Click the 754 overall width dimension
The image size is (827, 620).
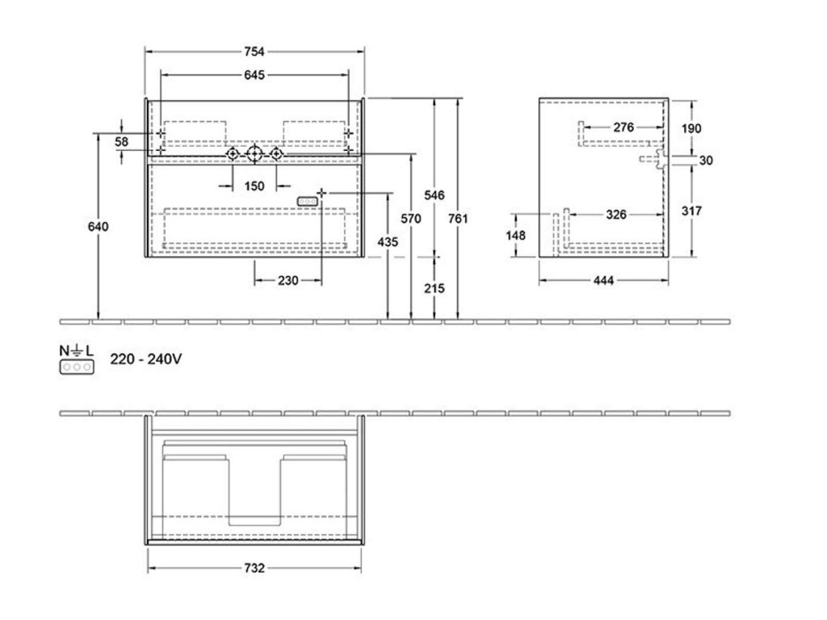(x=254, y=52)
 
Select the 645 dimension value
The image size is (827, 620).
(x=254, y=75)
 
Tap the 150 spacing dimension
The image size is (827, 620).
(x=254, y=186)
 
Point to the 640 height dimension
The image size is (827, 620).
(x=98, y=227)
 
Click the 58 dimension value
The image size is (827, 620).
(x=121, y=142)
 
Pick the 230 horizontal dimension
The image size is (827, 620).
(x=288, y=280)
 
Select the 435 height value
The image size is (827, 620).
(x=388, y=242)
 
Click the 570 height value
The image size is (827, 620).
(x=411, y=218)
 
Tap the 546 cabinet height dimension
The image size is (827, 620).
(x=434, y=195)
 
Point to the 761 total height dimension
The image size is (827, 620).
(x=458, y=218)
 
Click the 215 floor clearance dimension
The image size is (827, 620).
(x=434, y=288)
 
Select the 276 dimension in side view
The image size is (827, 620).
(x=623, y=127)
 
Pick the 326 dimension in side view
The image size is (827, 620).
(x=616, y=215)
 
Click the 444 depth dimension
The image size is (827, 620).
(x=603, y=280)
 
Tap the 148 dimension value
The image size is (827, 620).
(x=515, y=235)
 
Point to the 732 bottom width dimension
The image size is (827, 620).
(x=254, y=568)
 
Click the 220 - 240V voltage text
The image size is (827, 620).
(x=146, y=359)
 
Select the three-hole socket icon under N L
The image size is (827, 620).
(x=77, y=367)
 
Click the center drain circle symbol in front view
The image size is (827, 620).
(x=254, y=153)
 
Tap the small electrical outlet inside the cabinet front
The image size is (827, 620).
(x=308, y=201)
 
